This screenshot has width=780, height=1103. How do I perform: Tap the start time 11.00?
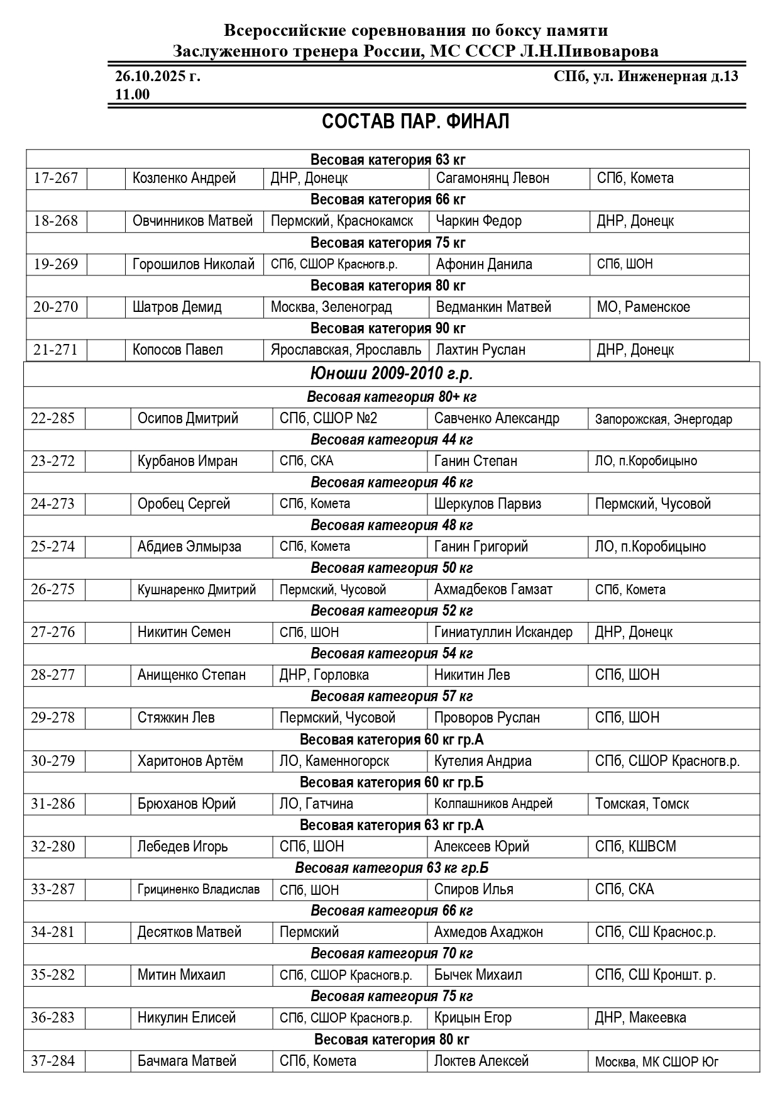tap(133, 94)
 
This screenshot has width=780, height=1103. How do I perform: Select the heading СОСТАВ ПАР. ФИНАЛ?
tap(415, 121)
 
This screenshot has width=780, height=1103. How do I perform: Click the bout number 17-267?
tap(56, 179)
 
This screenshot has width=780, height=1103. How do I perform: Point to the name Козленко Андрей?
tap(184, 179)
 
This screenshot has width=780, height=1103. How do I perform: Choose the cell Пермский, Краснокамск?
tap(342, 221)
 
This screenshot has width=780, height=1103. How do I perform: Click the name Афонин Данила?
tap(484, 264)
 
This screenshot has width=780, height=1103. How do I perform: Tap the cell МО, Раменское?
tap(643, 307)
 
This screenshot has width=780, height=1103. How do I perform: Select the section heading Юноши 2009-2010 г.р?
tap(392, 374)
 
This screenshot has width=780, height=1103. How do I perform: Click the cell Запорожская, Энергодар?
tap(663, 419)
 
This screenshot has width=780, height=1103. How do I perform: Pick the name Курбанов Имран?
tap(187, 461)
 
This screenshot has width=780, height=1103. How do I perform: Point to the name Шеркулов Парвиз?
tap(487, 504)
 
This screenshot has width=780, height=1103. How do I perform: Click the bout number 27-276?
tap(53, 632)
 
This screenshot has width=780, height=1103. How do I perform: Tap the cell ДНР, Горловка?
tap(324, 675)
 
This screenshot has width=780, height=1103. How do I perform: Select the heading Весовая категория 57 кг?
tap(392, 696)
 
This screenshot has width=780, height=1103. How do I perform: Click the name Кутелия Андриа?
tap(483, 761)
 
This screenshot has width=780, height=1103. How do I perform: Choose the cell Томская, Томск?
tap(642, 804)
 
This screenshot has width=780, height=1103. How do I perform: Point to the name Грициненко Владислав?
tap(198, 889)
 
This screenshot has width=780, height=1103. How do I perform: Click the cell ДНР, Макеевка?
tap(640, 1017)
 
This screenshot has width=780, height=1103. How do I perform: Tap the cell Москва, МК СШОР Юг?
tap(656, 1061)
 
